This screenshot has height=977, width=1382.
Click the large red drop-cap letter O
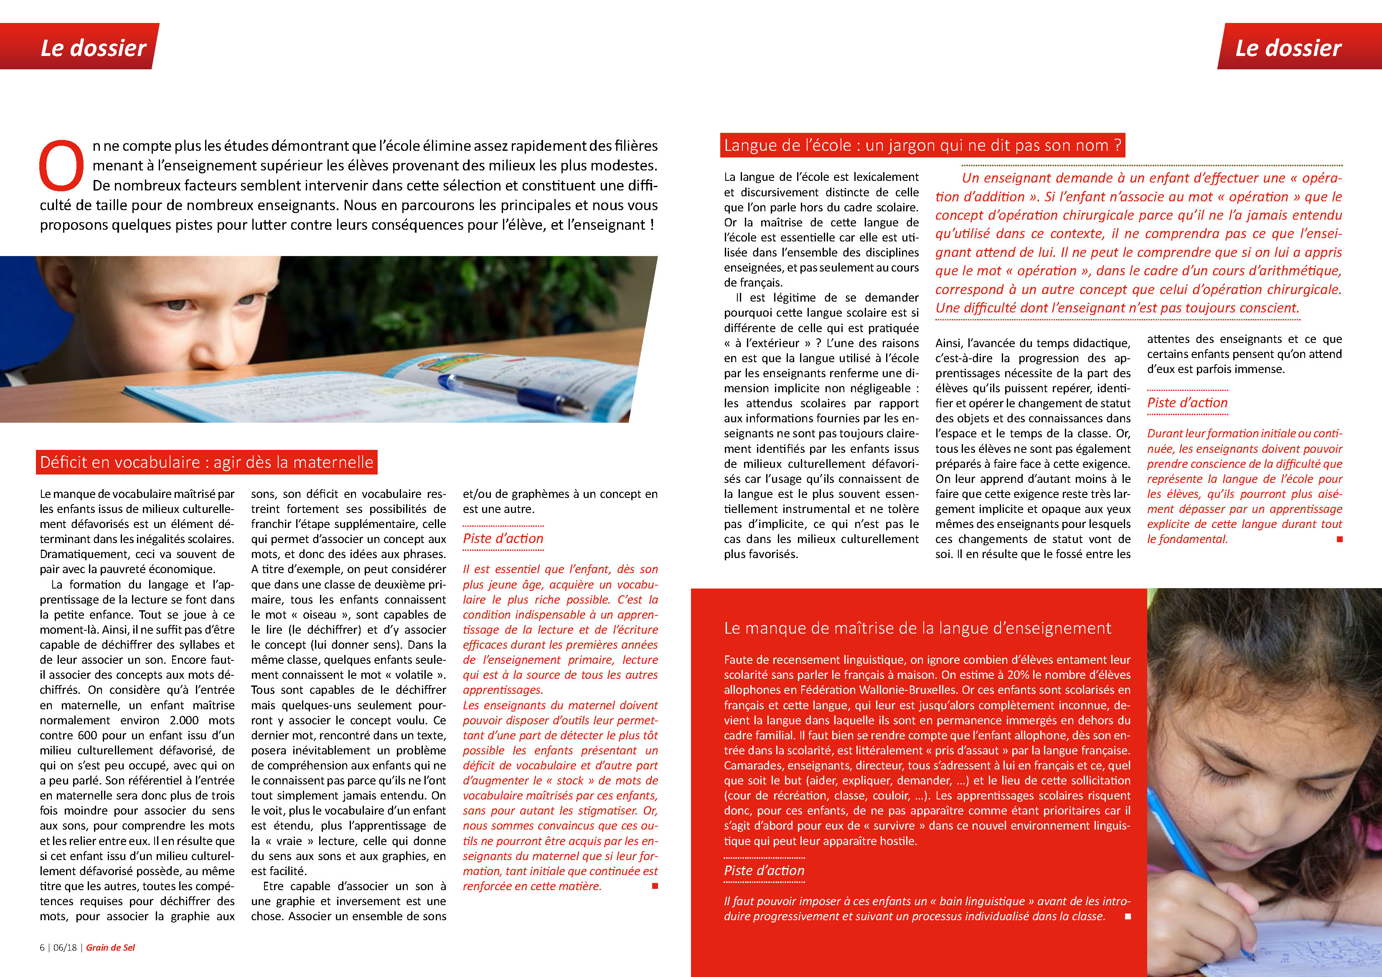[61, 165]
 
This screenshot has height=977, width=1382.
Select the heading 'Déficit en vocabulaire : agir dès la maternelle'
[206, 462]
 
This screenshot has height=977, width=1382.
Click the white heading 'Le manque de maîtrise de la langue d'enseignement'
[917, 628]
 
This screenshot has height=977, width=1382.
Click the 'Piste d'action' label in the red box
[764, 870]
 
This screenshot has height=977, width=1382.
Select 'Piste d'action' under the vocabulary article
[503, 538]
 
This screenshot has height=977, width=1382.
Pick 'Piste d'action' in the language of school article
[1187, 403]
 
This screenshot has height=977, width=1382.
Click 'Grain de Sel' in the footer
[110, 947]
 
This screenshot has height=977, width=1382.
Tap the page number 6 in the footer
[42, 947]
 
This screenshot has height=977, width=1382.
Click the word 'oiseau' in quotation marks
[319, 614]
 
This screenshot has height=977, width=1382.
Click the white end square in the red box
[1128, 916]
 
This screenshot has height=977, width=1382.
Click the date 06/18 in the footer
[65, 947]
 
